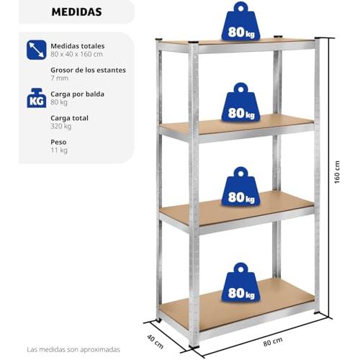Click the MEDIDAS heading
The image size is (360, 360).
tap(76, 12)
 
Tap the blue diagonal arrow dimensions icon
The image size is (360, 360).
tap(37, 50)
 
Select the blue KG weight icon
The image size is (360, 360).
tap(37, 98)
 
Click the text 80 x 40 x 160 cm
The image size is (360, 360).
tap(76, 54)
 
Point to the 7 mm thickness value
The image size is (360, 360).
tap(59, 78)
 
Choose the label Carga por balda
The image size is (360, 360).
tap(77, 94)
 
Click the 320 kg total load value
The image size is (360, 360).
tap(61, 126)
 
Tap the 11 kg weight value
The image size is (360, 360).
tap(59, 150)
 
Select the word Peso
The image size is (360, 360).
tap(58, 142)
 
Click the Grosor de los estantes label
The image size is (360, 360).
tap(88, 70)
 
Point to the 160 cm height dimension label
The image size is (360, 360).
tap(337, 172)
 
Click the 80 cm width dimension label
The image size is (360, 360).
tap(273, 341)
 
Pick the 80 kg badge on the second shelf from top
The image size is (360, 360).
tap(240, 102)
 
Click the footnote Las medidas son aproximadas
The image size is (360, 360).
tap(73, 349)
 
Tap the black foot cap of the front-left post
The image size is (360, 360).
tap(194, 346)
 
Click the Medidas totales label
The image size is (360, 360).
tap(78, 46)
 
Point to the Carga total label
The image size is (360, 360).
tap(69, 118)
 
